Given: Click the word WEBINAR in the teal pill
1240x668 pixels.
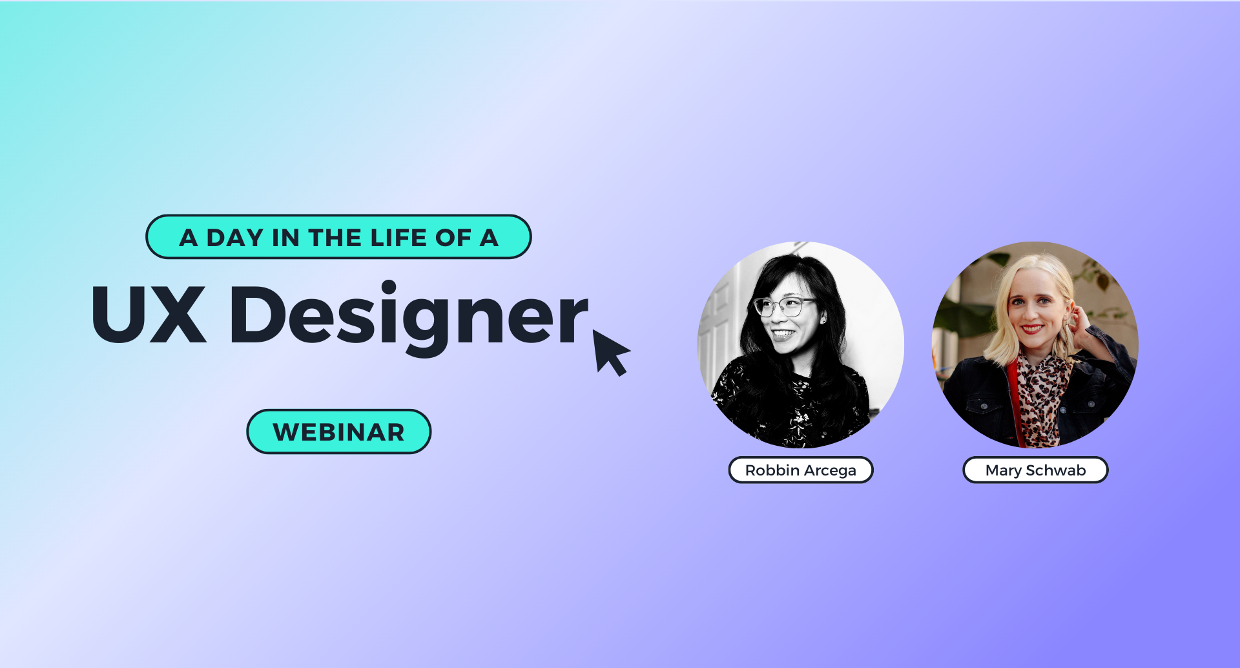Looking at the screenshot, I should pyautogui.click(x=338, y=432).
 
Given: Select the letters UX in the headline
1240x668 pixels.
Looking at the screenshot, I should pyautogui.click(x=149, y=315).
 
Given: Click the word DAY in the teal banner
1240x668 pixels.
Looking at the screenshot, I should pyautogui.click(x=234, y=238).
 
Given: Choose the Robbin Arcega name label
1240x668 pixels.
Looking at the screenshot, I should pyautogui.click(x=801, y=470).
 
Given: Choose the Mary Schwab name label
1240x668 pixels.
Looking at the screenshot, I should pyautogui.click(x=1035, y=470).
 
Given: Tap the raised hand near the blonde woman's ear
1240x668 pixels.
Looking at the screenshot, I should pyautogui.click(x=1077, y=321).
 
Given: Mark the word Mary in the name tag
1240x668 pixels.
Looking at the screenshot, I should pyautogui.click(x=1003, y=470).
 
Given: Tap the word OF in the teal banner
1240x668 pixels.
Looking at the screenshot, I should pyautogui.click(x=453, y=238).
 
